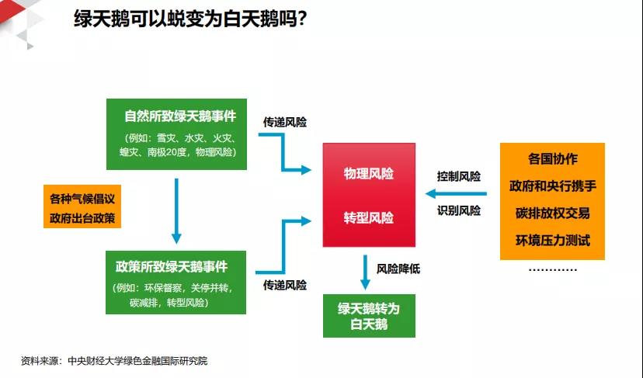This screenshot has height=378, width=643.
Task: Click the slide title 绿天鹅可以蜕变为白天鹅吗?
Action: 190,19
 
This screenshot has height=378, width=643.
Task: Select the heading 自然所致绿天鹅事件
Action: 180,116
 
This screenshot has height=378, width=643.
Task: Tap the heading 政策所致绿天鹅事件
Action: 172,267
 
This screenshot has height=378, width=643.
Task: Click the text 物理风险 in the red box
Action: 369,173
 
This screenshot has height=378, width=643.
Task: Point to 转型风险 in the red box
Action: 369,217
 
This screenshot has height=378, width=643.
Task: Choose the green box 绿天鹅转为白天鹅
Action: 369,316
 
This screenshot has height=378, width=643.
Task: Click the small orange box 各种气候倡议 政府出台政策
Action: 82,206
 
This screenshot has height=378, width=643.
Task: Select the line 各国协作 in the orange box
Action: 552,158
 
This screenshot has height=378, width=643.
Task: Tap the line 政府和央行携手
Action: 552,186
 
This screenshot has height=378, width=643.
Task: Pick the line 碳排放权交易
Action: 552,213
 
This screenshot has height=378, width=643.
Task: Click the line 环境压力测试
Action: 552,240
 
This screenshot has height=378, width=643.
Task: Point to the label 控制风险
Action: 458,176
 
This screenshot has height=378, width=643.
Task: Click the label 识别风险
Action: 458,210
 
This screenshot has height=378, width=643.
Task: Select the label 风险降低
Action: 398,269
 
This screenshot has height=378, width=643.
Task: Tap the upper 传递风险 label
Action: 284,122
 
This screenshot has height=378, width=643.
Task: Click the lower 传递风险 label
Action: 284,285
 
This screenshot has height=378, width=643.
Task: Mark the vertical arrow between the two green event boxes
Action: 176,211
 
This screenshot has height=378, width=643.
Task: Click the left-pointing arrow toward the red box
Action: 456,193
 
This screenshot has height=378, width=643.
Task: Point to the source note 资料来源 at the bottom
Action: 114,361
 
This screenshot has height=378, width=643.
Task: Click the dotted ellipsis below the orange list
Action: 552,270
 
